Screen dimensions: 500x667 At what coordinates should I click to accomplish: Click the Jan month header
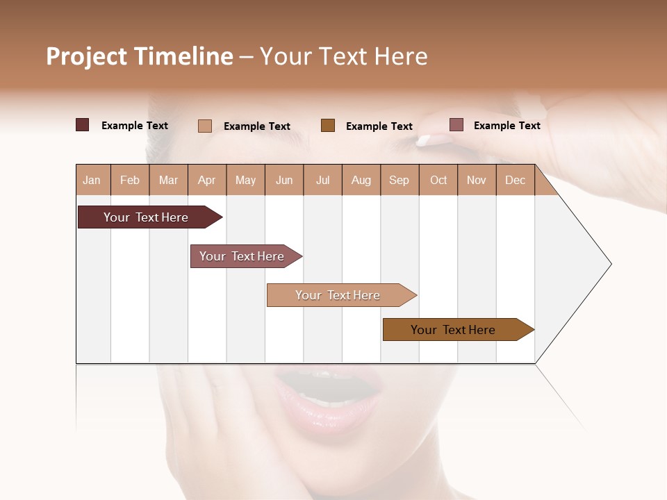92,180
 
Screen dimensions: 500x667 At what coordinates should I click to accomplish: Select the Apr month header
206,180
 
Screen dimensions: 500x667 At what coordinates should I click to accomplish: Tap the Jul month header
322,180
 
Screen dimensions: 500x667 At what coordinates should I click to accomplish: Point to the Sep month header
399,180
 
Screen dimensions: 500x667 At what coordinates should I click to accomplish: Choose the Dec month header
515,180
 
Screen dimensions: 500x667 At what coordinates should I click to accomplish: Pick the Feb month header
130,180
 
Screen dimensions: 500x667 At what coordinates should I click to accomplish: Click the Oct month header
438,180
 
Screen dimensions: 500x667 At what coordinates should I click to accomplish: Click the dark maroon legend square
83,125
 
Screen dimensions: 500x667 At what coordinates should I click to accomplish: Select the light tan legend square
205,126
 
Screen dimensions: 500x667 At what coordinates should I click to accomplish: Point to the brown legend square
328,126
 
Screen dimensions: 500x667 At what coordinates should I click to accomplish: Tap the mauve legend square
456,125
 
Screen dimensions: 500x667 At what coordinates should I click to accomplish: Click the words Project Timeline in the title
139,56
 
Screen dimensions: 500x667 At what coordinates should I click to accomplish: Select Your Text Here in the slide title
343,56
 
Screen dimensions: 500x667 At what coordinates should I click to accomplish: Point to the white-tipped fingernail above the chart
425,141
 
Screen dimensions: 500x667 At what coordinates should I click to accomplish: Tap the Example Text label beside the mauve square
507,126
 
